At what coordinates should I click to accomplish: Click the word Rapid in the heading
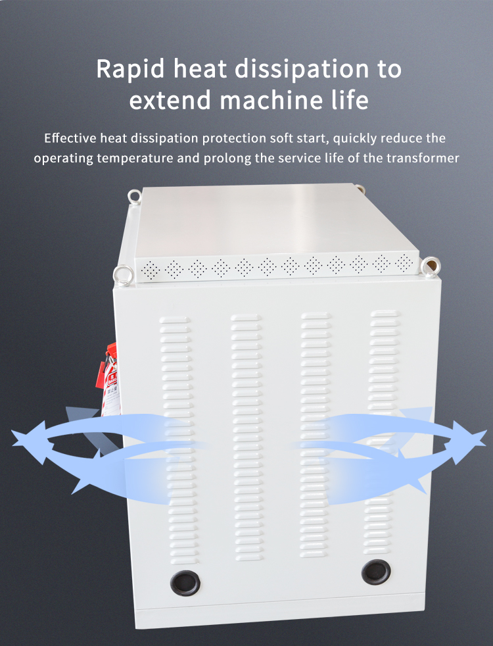tap(130, 69)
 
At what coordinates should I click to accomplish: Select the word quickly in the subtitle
tap(355, 138)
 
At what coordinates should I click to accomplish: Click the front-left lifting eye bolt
tap(124, 275)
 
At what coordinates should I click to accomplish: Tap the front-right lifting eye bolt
tap(431, 266)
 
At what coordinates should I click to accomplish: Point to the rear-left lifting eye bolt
tap(134, 196)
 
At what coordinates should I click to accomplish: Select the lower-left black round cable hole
tap(185, 583)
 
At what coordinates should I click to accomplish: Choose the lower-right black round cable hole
tap(376, 572)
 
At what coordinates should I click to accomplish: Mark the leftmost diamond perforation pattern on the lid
tap(151, 270)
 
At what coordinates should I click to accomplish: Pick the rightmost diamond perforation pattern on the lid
tap(404, 262)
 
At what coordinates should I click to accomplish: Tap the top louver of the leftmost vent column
tap(175, 320)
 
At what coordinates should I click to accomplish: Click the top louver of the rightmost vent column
tap(385, 314)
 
